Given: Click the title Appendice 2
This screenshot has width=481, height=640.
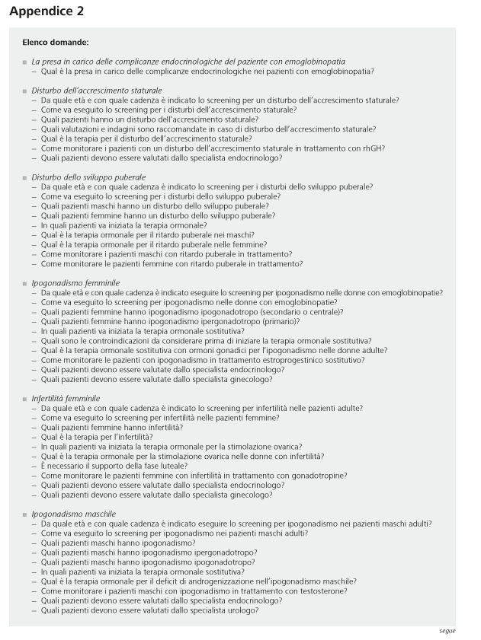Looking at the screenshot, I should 47,11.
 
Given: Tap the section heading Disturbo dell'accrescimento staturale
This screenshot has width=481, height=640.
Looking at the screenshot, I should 97,91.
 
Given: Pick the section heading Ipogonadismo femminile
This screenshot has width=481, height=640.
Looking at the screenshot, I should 75,283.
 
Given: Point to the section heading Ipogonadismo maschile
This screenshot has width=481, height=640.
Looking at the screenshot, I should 72,514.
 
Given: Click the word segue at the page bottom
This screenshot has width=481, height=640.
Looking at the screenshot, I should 447,631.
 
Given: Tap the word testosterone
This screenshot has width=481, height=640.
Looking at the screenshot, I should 323,591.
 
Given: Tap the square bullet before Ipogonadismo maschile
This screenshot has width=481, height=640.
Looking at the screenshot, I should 24,514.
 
